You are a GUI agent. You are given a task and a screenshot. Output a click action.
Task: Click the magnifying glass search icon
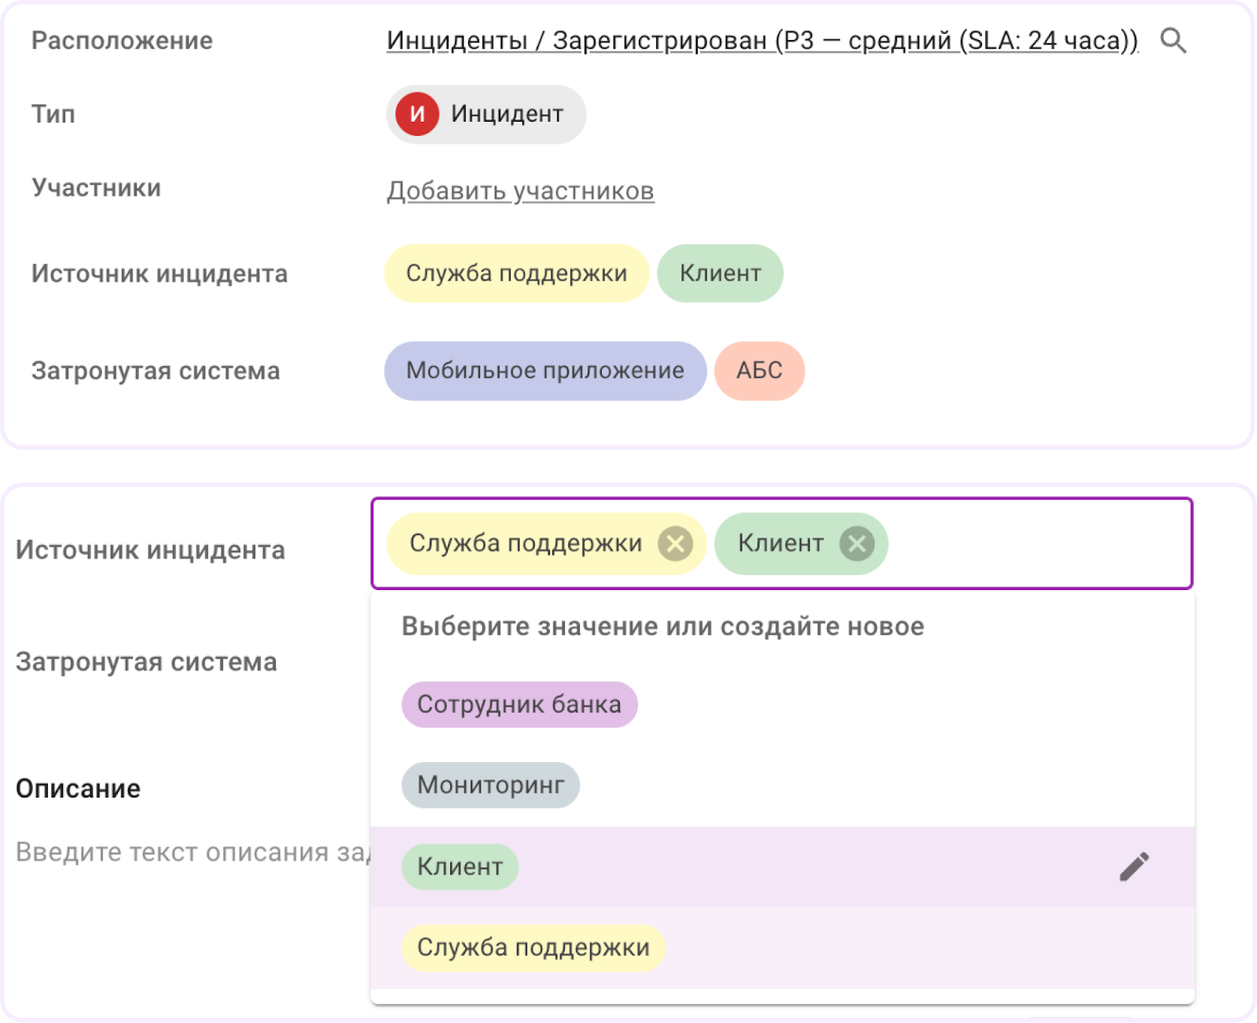(x=1173, y=40)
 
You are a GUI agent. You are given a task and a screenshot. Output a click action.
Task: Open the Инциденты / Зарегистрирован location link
(x=762, y=41)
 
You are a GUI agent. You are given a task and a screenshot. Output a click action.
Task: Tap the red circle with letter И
(x=416, y=115)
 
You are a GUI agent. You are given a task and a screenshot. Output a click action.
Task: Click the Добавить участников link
(x=520, y=191)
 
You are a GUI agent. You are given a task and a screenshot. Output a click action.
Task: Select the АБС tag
(x=759, y=371)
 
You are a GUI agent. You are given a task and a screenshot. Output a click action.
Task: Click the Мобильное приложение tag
(x=544, y=371)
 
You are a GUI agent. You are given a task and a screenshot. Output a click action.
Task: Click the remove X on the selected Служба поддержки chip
(x=675, y=544)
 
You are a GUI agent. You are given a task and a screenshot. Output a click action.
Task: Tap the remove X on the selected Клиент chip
(x=856, y=544)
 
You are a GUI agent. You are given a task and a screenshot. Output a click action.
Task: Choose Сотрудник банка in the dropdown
(x=519, y=705)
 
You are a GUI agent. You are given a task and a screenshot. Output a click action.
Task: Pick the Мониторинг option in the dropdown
(x=490, y=785)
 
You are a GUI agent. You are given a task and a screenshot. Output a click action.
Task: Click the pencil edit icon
(x=1134, y=867)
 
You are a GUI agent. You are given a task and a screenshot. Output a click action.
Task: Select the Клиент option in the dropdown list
(x=460, y=867)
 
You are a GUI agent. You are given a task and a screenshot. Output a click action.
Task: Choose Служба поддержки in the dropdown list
(x=533, y=948)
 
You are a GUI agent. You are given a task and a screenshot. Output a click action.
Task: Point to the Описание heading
(x=78, y=788)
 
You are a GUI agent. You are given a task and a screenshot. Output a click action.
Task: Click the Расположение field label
(x=122, y=41)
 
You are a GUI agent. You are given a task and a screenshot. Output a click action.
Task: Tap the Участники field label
(x=96, y=189)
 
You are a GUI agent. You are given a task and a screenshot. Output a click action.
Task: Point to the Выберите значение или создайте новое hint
(x=662, y=626)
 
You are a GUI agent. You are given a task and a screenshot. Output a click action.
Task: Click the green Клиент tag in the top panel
(x=720, y=273)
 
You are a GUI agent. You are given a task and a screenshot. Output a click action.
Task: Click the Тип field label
(x=53, y=115)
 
